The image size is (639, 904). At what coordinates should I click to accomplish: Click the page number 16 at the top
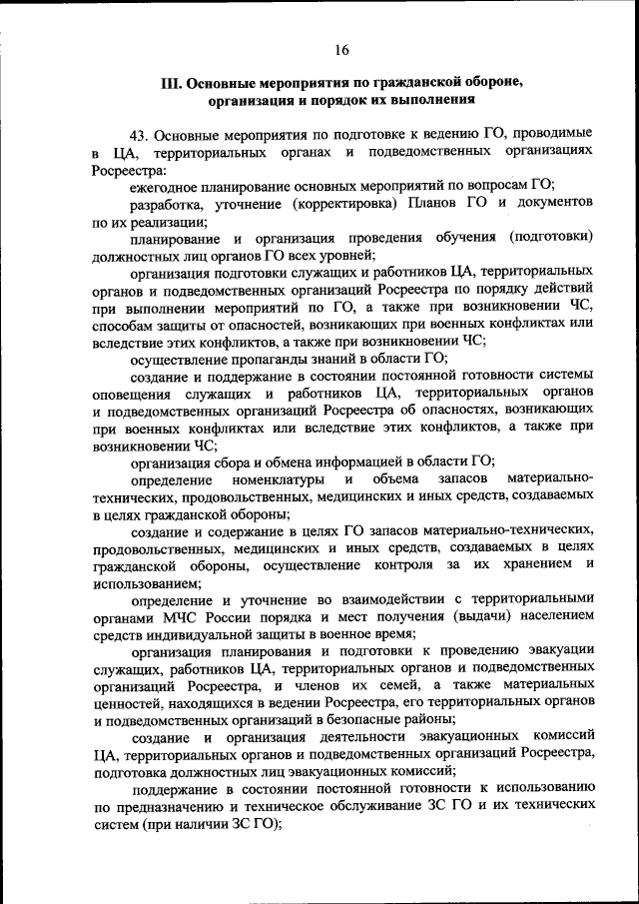(342, 50)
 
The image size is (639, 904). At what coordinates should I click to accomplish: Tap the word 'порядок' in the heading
(361, 101)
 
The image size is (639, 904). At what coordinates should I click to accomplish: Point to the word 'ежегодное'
(165, 185)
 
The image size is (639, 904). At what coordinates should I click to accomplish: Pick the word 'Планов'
(435, 203)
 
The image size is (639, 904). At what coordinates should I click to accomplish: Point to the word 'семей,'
(358, 686)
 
